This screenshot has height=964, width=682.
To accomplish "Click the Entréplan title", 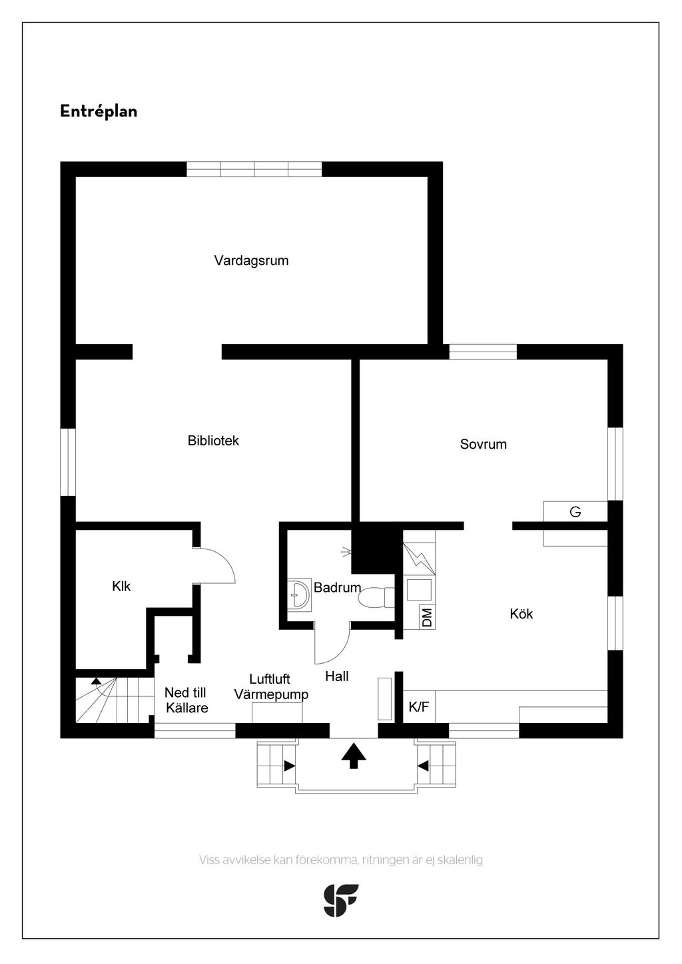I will [99, 111].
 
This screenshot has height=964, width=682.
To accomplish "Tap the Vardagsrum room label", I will [251, 260].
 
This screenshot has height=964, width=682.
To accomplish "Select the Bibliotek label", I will [213, 441].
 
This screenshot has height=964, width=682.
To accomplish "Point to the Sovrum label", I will [483, 444].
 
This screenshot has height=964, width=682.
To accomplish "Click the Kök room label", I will [521, 614].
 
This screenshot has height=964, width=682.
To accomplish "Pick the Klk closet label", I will [121, 587].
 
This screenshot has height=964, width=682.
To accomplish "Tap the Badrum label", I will [337, 588].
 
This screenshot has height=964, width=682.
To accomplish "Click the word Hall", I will [337, 676].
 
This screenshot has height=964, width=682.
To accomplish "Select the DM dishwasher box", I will [426, 617].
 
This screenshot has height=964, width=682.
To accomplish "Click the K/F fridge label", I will [419, 708].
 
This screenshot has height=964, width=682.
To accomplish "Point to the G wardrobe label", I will [575, 512].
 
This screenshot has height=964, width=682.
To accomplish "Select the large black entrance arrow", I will [354, 756].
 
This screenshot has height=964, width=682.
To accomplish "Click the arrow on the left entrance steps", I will [289, 766].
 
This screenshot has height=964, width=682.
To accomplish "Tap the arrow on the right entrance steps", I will [423, 766].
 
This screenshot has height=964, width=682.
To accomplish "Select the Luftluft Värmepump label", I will [270, 687].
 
